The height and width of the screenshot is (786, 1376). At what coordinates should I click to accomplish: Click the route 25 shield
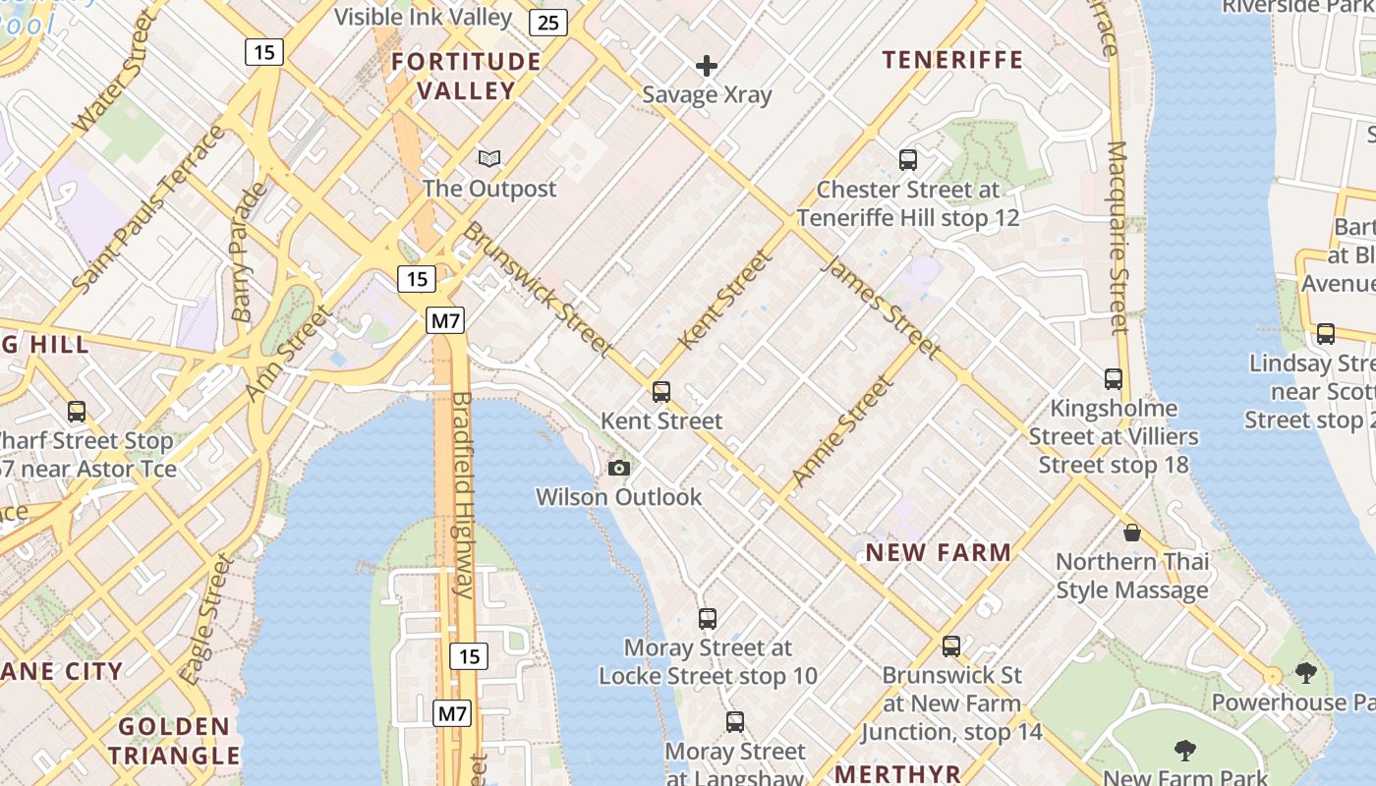coord(547,23)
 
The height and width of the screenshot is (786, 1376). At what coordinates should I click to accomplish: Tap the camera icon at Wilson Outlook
coord(619,468)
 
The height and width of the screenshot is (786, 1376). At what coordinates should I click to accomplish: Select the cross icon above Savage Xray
coord(706,66)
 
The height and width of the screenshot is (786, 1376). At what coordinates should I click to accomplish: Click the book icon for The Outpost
coord(489,158)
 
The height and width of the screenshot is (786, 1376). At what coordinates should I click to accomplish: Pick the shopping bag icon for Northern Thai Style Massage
coord(1132,533)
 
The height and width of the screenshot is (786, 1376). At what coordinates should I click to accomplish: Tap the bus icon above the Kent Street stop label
coord(661,392)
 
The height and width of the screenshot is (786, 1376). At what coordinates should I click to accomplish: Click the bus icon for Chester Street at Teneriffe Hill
coord(908,159)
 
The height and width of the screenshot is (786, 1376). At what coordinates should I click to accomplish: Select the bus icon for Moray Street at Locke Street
coord(708,619)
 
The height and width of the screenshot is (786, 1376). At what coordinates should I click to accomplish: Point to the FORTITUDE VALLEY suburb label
coord(466,76)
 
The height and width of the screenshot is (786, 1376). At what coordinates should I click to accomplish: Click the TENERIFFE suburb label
coord(952,60)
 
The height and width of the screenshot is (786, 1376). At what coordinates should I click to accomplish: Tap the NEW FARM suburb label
coord(938,552)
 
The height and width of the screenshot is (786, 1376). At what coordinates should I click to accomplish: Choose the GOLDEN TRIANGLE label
coord(174,741)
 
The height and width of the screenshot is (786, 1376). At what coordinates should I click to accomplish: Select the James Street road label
coord(880,307)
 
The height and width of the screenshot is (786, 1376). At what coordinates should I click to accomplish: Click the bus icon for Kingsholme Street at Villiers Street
coord(1114,379)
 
